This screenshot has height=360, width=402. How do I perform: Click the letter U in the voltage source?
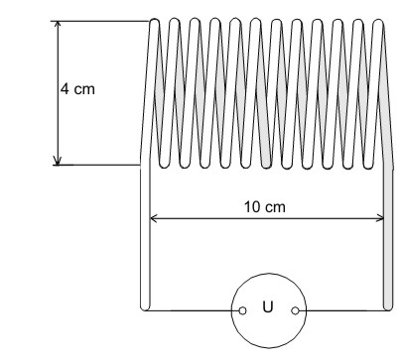[x=268, y=306]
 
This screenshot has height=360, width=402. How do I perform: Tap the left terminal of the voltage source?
[x=242, y=310]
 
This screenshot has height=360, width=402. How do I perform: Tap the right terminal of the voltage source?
[x=295, y=310]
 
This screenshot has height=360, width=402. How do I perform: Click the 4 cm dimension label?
[x=77, y=89]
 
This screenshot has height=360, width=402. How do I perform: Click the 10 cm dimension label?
[x=265, y=207]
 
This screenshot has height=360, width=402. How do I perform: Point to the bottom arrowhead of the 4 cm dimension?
[x=58, y=161]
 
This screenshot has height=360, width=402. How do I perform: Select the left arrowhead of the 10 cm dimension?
[x=154, y=218]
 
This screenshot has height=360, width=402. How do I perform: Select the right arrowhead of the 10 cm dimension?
[x=380, y=218]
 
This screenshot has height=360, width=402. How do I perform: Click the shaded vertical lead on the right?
[x=388, y=238]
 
